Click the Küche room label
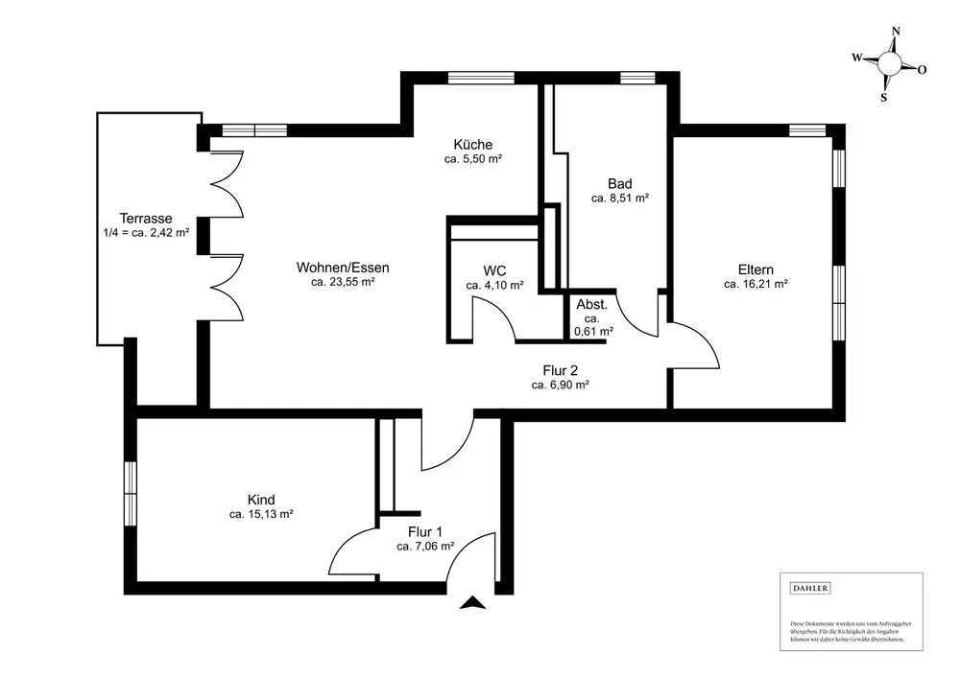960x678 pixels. (473, 145)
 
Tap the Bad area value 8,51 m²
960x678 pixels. (620, 199)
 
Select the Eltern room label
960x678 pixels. (756, 269)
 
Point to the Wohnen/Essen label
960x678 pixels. (343, 268)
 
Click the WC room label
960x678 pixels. (494, 269)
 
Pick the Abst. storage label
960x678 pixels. (592, 305)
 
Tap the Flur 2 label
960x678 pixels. (560, 369)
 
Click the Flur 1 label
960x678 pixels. (425, 530)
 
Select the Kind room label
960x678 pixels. (261, 500)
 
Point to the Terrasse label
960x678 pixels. (146, 218)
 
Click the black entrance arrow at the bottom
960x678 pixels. (471, 602)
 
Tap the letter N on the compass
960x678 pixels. (896, 31)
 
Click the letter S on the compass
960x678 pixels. (884, 97)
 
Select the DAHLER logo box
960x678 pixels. (810, 588)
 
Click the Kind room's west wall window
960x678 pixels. (130, 493)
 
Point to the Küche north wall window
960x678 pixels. (469, 79)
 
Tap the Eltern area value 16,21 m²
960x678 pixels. (756, 285)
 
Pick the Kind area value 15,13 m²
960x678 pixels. (261, 515)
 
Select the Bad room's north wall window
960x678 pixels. (636, 79)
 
